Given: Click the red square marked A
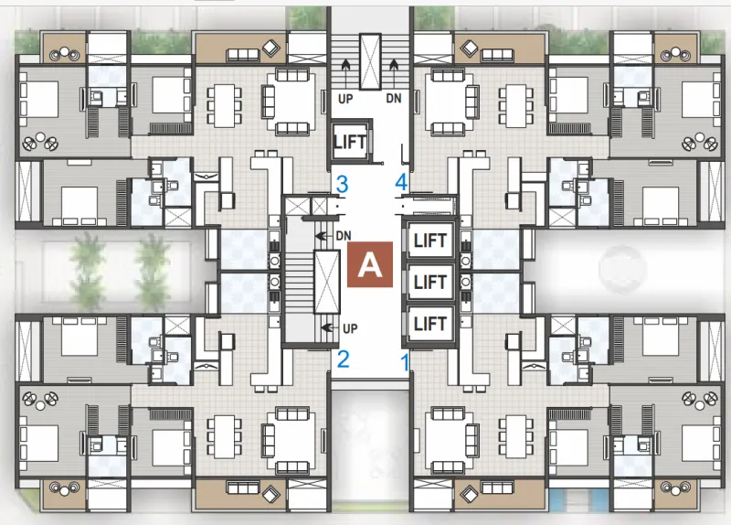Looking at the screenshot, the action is (370, 264).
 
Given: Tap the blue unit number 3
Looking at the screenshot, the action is (342, 185).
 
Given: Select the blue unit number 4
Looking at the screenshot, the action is (401, 182).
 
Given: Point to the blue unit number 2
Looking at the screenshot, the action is (343, 359).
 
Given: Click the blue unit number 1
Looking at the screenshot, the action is (405, 362).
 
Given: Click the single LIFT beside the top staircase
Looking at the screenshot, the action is (350, 142).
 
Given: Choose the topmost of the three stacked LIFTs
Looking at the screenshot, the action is (429, 241).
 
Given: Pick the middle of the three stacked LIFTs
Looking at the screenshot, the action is (429, 282).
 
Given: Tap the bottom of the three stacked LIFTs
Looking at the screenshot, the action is (429, 324).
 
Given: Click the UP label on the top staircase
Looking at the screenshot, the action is (345, 99).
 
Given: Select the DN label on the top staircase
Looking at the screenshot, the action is (394, 99).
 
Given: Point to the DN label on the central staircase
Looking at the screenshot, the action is (344, 236).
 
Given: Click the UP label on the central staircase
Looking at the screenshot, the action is (350, 328).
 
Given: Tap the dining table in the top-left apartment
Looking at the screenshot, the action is (224, 105).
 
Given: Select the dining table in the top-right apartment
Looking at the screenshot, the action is (515, 105).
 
